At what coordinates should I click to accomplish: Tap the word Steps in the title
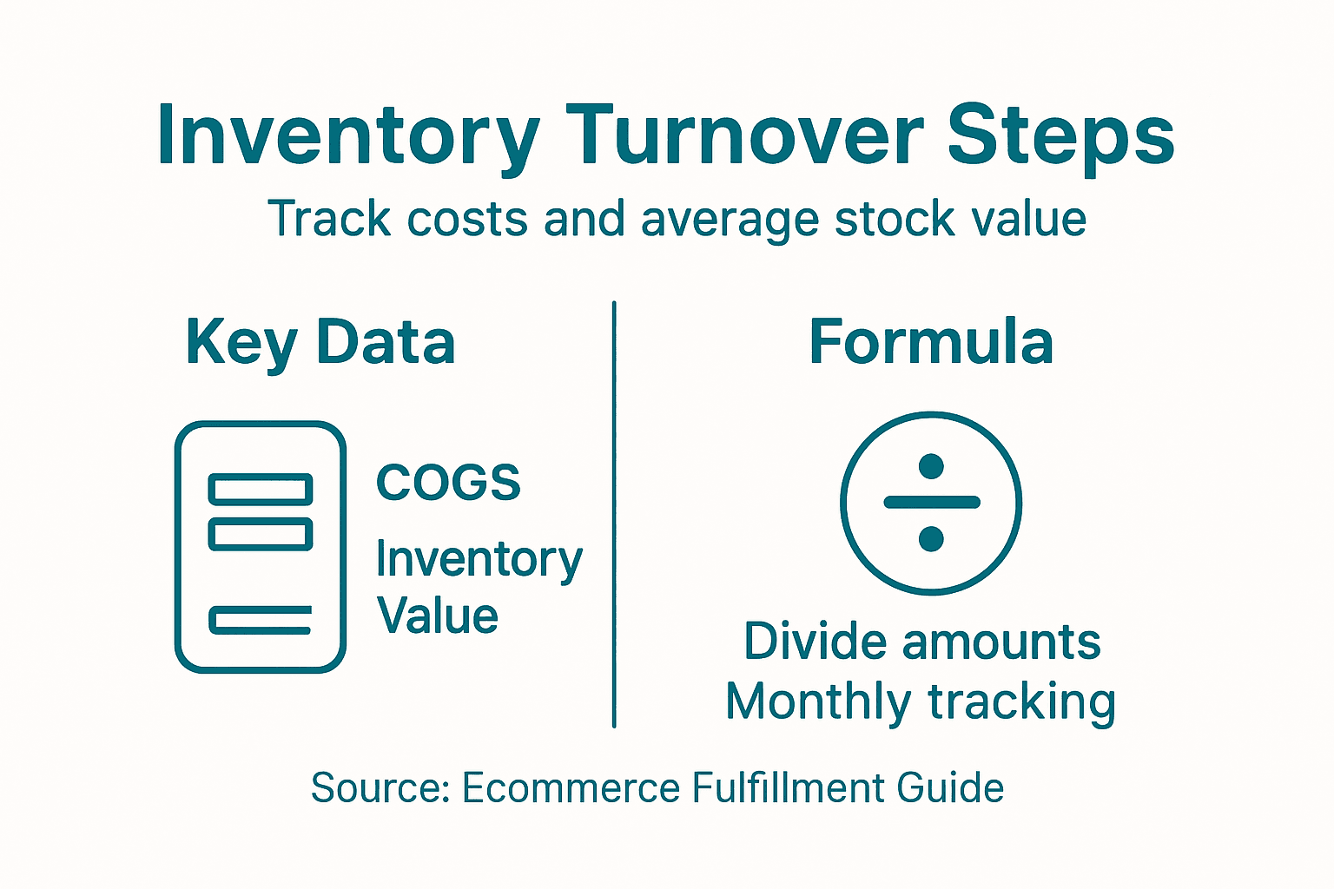pyautogui.click(x=1060, y=137)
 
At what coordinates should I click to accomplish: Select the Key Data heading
pyautogui.click(x=320, y=342)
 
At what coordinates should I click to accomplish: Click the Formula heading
pyautogui.click(x=931, y=342)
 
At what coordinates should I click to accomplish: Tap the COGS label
pyautogui.click(x=448, y=483)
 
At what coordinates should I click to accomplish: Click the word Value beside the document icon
pyautogui.click(x=438, y=616)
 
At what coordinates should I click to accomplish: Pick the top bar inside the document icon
pyautogui.click(x=261, y=490)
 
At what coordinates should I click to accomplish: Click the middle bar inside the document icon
pyautogui.click(x=261, y=534)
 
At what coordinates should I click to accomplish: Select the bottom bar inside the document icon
pyautogui.click(x=261, y=620)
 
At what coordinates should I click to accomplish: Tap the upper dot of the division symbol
pyautogui.click(x=931, y=466)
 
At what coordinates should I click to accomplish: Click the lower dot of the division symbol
pyautogui.click(x=931, y=539)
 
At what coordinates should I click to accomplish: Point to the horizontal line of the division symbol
pyautogui.click(x=931, y=502)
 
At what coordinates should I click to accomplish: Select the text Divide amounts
pyautogui.click(x=922, y=642)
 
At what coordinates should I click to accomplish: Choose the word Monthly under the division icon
pyautogui.click(x=818, y=701)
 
